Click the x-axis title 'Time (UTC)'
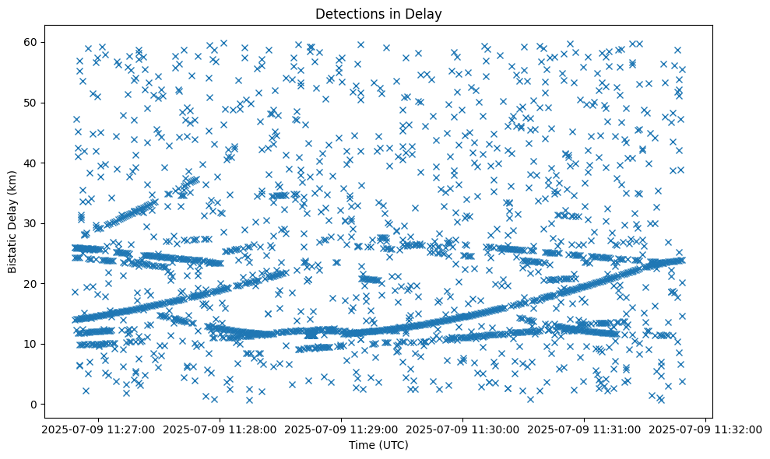pyautogui.click(x=378, y=446)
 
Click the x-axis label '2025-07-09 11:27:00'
pyautogui.click(x=98, y=429)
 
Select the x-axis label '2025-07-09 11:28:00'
pyautogui.click(x=220, y=429)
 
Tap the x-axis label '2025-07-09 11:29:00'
pyautogui.click(x=341, y=429)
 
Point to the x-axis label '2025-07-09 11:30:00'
pyautogui.click(x=463, y=429)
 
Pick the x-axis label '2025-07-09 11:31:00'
pyautogui.click(x=585, y=429)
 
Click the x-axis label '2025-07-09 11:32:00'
pyautogui.click(x=706, y=429)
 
